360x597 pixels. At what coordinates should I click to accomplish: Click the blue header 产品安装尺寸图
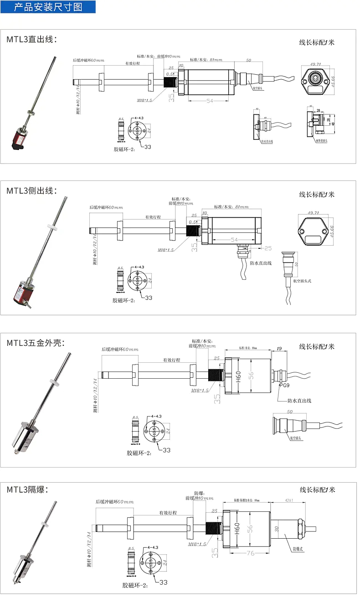[48, 7]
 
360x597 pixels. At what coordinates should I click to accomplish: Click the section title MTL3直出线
[31, 39]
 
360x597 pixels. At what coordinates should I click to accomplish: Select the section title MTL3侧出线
[31, 190]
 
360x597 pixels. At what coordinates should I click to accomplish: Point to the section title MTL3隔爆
[27, 490]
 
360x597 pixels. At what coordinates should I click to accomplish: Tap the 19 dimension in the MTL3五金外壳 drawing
[279, 349]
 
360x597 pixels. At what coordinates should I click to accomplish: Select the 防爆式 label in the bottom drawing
[298, 549]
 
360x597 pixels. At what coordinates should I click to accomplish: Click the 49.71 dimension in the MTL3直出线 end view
[315, 65]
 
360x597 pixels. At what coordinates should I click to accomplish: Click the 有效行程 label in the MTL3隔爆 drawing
[168, 513]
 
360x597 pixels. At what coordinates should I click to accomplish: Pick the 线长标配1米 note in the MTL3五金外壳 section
[317, 346]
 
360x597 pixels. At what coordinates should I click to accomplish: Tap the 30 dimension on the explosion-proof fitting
[277, 530]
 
